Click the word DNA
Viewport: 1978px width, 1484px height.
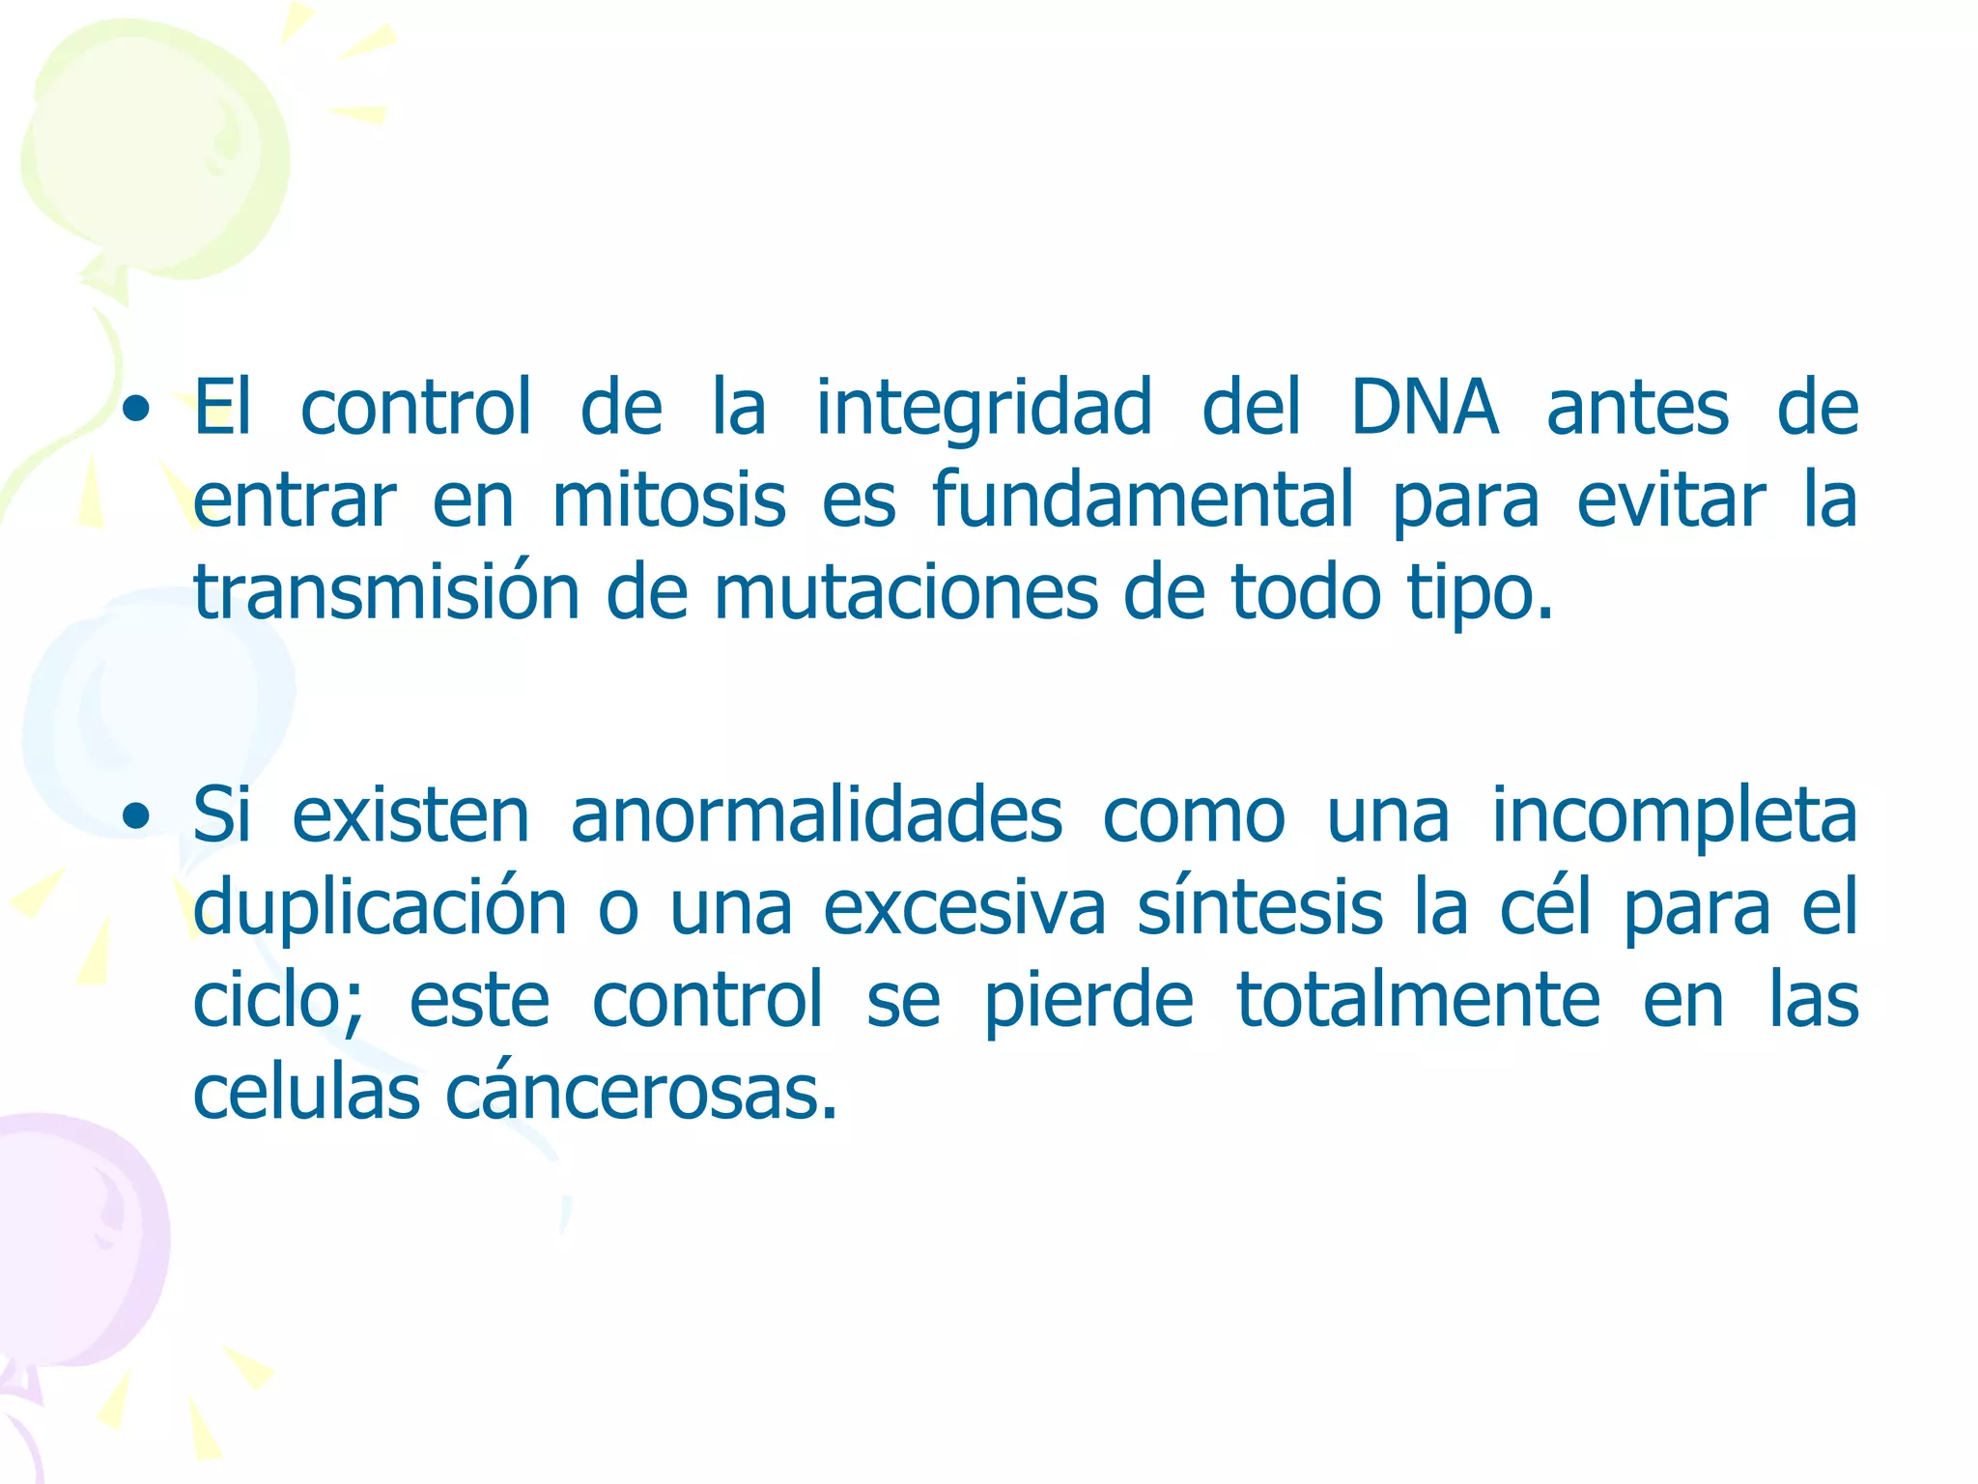[1425, 408]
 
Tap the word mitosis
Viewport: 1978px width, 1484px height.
[668, 500]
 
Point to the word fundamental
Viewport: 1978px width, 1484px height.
[1143, 500]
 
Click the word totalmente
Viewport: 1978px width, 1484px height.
[1418, 1000]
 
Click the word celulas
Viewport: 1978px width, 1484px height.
[306, 1093]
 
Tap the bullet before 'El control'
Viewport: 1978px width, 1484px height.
[137, 410]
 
